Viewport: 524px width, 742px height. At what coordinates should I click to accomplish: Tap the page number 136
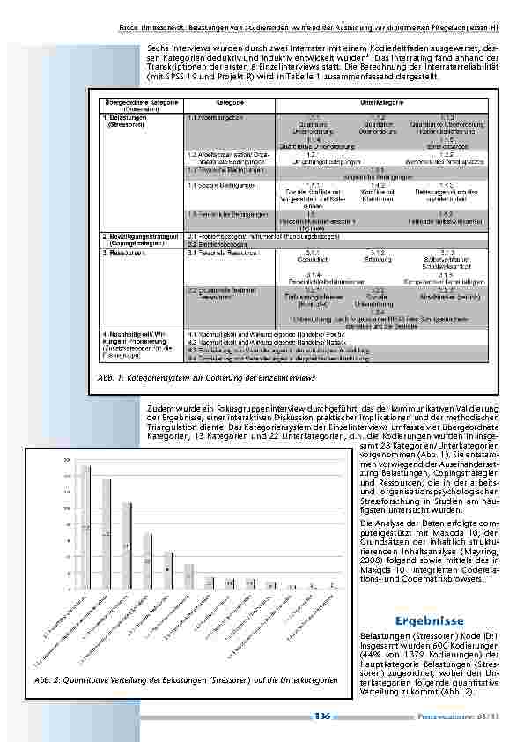(x=321, y=716)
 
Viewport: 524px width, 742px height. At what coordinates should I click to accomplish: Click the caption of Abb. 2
(x=187, y=681)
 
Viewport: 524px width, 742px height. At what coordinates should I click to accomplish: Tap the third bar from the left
(x=127, y=545)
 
